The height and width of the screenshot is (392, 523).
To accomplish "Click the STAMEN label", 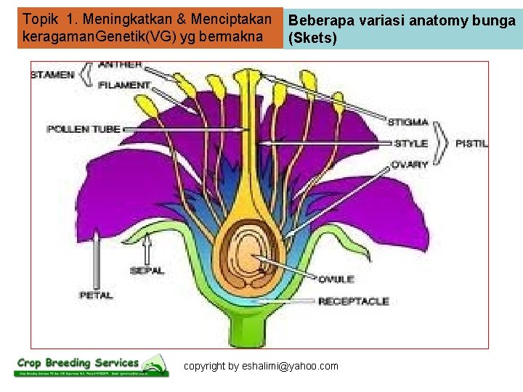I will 52,75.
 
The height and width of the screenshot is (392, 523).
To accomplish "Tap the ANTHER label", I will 120,65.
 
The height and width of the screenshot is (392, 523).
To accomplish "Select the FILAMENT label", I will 123,85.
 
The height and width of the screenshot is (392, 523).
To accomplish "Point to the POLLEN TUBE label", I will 78,129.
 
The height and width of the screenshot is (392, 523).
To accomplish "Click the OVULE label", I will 336,279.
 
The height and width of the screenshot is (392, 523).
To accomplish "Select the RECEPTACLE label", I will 353,301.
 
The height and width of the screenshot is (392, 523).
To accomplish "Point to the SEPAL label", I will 147,270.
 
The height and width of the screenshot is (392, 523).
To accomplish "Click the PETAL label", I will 96,295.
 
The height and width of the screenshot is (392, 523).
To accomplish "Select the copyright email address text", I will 261,366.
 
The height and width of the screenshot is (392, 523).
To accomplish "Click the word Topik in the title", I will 39,17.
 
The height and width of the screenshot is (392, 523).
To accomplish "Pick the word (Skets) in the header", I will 313,38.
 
